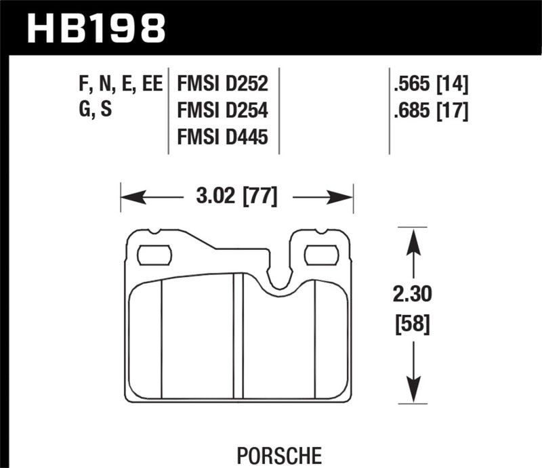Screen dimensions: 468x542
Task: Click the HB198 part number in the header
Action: [96, 28]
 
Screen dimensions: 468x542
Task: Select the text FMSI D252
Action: [222, 85]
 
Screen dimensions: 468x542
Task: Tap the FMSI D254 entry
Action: [222, 111]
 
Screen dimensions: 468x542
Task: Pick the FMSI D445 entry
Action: [222, 137]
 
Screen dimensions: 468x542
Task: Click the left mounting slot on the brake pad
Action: [154, 255]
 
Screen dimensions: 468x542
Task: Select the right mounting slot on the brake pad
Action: [321, 255]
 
